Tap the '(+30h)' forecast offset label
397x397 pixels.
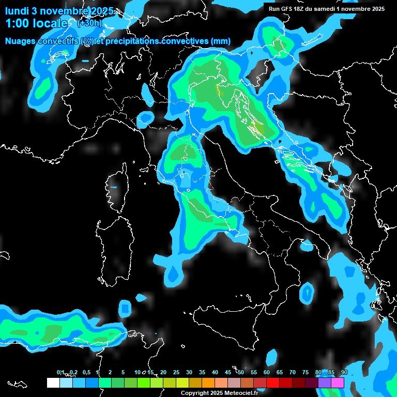[89, 23]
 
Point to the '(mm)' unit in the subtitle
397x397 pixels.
[220, 41]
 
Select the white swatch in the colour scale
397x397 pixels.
[53, 383]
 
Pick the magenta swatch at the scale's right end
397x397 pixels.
[338, 383]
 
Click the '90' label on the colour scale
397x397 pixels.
[344, 373]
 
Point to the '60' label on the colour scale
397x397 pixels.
[267, 373]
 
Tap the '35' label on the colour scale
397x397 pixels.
[202, 373]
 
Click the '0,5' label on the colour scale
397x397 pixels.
[86, 373]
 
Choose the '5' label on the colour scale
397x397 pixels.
[123, 373]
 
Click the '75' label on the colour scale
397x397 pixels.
[306, 373]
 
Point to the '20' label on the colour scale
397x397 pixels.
[163, 373]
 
